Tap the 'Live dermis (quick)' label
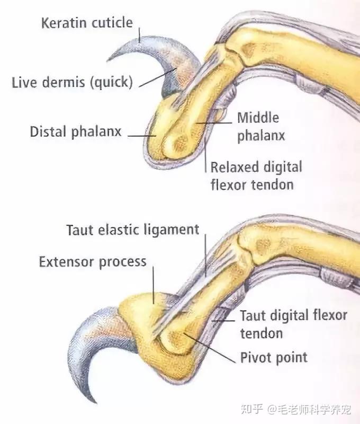(x=72, y=82)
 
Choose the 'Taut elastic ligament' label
(x=132, y=229)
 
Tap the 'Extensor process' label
(x=93, y=261)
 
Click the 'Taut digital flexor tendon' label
(x=293, y=324)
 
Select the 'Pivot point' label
(x=274, y=357)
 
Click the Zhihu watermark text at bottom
(x=299, y=409)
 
